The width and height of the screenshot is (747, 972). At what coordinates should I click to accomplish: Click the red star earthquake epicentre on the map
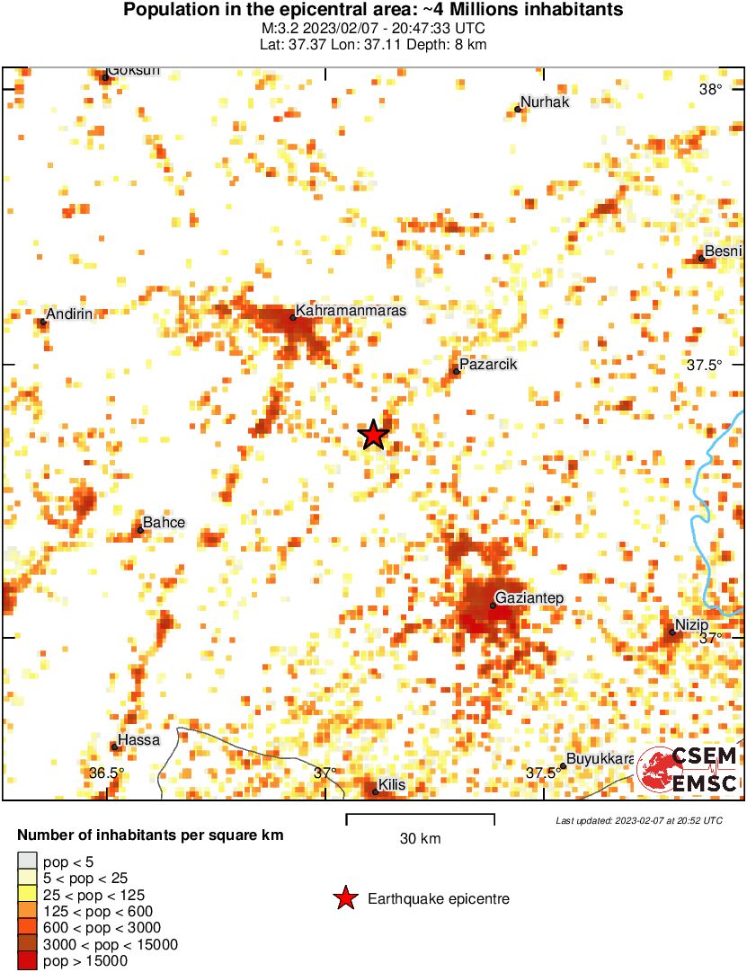(373, 435)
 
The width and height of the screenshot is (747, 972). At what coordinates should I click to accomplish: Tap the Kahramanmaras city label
(351, 311)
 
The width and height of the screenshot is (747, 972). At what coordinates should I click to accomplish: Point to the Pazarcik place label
(488, 365)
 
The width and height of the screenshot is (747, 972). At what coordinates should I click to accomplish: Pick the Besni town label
(723, 252)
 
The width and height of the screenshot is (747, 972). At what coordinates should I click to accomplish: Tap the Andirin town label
(69, 314)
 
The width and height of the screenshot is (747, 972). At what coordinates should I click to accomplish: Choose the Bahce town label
(165, 523)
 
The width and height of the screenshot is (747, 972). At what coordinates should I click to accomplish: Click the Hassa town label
(139, 740)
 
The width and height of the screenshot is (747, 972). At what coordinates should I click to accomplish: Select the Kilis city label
(392, 785)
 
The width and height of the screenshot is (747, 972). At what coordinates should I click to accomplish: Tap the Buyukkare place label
(600, 759)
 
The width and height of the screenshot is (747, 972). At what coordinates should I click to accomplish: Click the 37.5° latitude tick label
(705, 366)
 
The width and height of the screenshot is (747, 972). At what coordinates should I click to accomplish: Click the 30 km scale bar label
(420, 839)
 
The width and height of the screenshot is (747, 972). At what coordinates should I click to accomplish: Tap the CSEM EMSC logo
(688, 770)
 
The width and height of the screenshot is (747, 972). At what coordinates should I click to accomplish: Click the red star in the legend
(344, 898)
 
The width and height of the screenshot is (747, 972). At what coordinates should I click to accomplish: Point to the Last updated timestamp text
(638, 820)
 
